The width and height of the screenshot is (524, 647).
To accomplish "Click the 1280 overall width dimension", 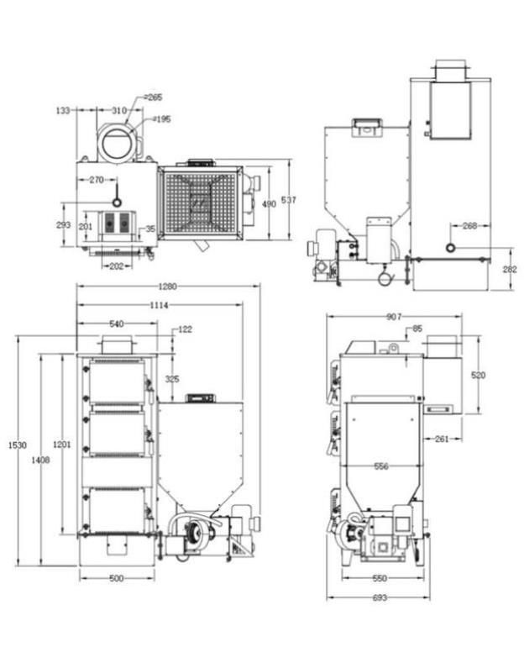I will click(x=165, y=287).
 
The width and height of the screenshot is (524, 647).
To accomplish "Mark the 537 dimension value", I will click(x=290, y=199).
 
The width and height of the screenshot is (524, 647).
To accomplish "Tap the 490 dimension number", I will click(x=269, y=204).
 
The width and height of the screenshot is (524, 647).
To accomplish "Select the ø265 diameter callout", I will click(x=152, y=98).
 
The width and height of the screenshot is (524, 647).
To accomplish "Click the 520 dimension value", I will click(x=478, y=376).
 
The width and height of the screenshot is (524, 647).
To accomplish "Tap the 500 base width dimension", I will click(x=116, y=578).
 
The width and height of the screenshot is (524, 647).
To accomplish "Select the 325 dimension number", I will click(x=172, y=379).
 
